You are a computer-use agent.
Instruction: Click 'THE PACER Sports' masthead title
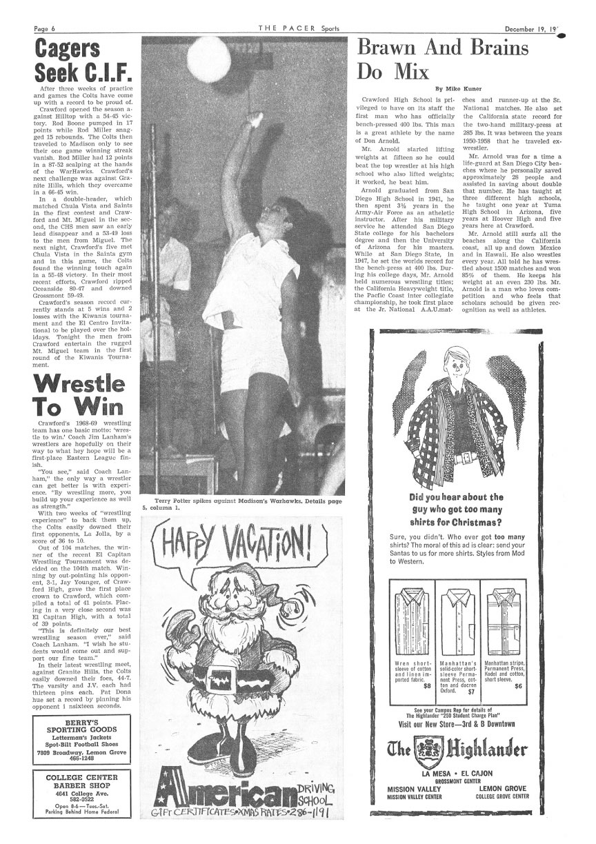point(298,9)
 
